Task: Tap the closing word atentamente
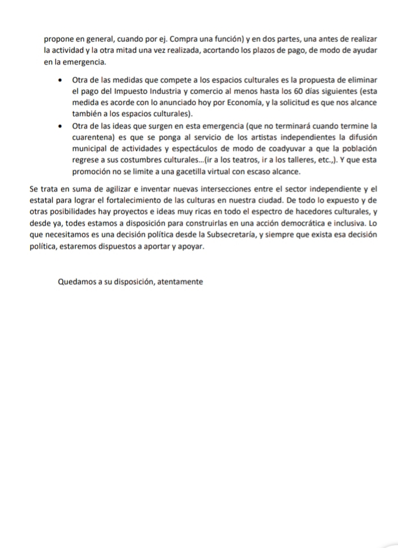tap(179, 282)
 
